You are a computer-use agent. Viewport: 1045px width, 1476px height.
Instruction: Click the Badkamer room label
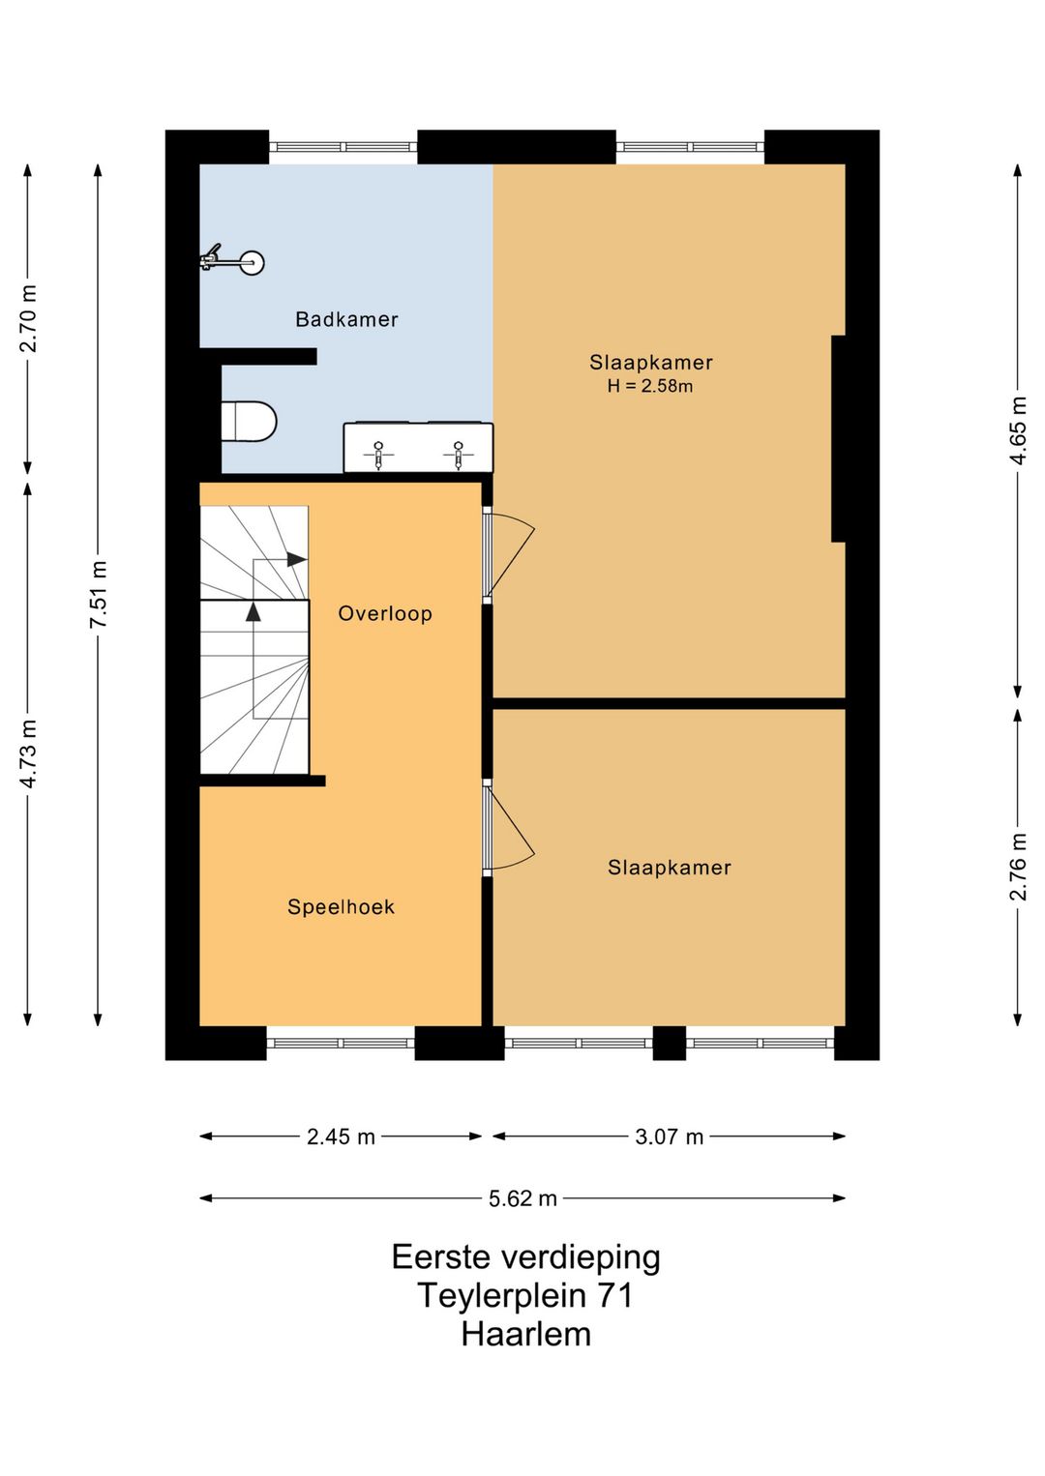tap(346, 319)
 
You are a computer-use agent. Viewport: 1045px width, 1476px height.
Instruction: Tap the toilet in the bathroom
tap(249, 421)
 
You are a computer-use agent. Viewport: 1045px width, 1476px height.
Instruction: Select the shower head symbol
tap(231, 261)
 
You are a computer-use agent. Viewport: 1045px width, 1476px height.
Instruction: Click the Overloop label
tap(385, 613)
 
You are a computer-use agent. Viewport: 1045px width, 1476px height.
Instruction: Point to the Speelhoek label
tap(341, 906)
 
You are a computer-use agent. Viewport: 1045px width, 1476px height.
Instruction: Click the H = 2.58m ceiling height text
tap(650, 386)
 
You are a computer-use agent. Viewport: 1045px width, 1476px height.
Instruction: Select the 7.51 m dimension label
tap(99, 594)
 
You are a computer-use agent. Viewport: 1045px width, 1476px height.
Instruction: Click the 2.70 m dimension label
tap(28, 318)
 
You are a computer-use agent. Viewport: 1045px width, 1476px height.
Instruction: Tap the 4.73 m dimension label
tap(28, 753)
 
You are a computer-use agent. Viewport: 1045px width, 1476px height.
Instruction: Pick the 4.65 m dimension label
tap(1018, 430)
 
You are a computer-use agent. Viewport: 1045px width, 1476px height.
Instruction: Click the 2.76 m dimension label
tap(1018, 868)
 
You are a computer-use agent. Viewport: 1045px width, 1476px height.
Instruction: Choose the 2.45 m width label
tap(341, 1137)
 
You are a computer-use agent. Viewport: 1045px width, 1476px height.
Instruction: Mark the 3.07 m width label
tap(670, 1137)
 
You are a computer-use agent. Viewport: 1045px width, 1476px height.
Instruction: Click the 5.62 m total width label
tap(522, 1198)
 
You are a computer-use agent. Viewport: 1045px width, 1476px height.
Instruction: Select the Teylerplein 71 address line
tap(524, 1295)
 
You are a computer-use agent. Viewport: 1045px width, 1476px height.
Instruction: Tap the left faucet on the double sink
tap(378, 455)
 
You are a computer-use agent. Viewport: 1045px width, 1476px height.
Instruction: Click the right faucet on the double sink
tap(458, 455)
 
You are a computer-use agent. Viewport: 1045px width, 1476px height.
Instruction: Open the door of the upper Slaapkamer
tap(509, 554)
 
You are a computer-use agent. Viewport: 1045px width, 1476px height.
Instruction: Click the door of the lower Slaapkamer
tap(509, 828)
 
